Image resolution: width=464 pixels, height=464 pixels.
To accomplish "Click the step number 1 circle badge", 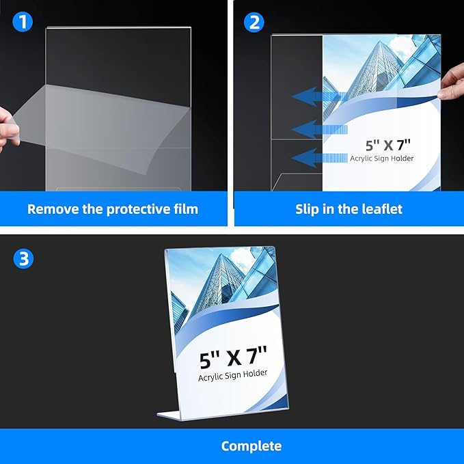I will pyautogui.click(x=22, y=22).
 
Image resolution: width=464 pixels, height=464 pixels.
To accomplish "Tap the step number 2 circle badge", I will pyautogui.click(x=254, y=22).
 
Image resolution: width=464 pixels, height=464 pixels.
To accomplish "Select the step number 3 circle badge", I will pyautogui.click(x=22, y=258).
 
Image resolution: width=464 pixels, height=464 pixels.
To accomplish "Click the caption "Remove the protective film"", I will pyautogui.click(x=113, y=209).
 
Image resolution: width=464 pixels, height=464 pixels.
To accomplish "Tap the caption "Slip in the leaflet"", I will pyautogui.click(x=349, y=209).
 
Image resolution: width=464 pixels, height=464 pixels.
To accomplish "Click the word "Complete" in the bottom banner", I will pyautogui.click(x=251, y=446).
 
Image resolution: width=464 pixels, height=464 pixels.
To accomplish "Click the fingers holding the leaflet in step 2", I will pyautogui.click(x=452, y=83).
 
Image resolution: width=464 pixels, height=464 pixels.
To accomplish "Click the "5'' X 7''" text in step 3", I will pyautogui.click(x=233, y=358).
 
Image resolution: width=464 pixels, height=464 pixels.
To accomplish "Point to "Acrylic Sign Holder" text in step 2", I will pyautogui.click(x=382, y=159).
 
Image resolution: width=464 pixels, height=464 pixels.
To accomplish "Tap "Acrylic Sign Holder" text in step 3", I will pyautogui.click(x=233, y=374).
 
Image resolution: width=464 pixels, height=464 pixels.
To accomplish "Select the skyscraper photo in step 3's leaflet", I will pyautogui.click(x=219, y=287).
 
